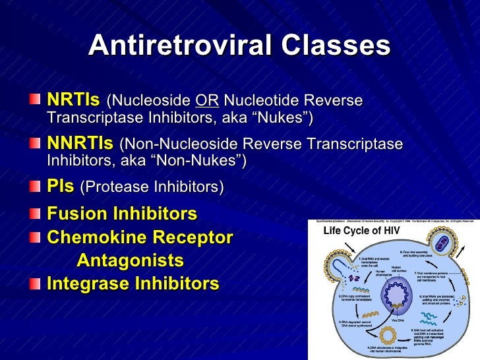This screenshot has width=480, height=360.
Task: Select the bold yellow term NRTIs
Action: point(73,100)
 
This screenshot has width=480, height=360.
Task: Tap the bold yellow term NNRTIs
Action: point(80,143)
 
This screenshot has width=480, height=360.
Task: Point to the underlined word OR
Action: point(207,101)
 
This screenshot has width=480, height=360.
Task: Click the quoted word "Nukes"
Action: point(279,118)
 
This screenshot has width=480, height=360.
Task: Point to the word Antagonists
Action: point(130,260)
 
